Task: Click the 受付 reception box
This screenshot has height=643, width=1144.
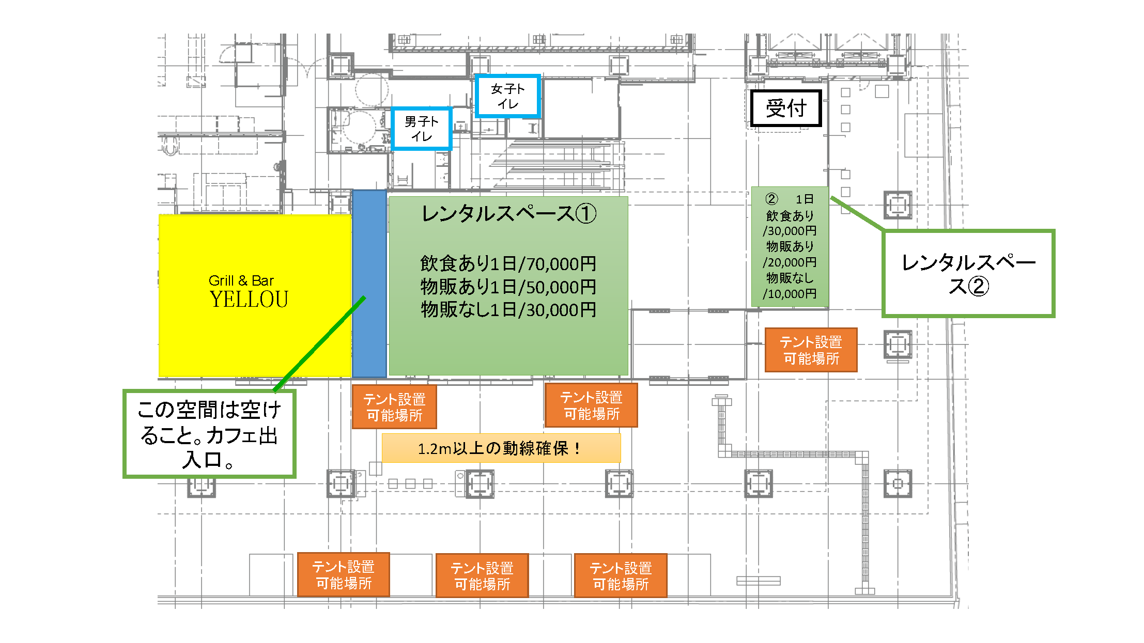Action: point(785,108)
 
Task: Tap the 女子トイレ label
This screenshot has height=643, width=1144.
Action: point(507,97)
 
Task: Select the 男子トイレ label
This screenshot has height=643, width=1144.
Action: point(422,129)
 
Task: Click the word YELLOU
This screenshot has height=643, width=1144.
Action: point(249,300)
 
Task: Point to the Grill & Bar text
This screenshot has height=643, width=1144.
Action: point(241,280)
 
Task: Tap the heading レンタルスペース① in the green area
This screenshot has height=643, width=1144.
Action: point(508,213)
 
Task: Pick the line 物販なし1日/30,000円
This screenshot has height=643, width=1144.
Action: point(508,310)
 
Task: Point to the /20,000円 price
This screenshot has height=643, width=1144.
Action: point(790,262)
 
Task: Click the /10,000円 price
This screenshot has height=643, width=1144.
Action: point(790,294)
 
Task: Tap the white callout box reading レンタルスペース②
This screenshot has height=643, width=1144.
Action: point(968,273)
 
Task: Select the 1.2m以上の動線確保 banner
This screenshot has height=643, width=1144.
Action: point(501,448)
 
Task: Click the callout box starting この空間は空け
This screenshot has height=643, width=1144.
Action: point(209,434)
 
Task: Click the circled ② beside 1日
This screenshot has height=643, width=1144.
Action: point(771,199)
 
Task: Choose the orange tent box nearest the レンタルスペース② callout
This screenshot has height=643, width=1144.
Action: point(811,350)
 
